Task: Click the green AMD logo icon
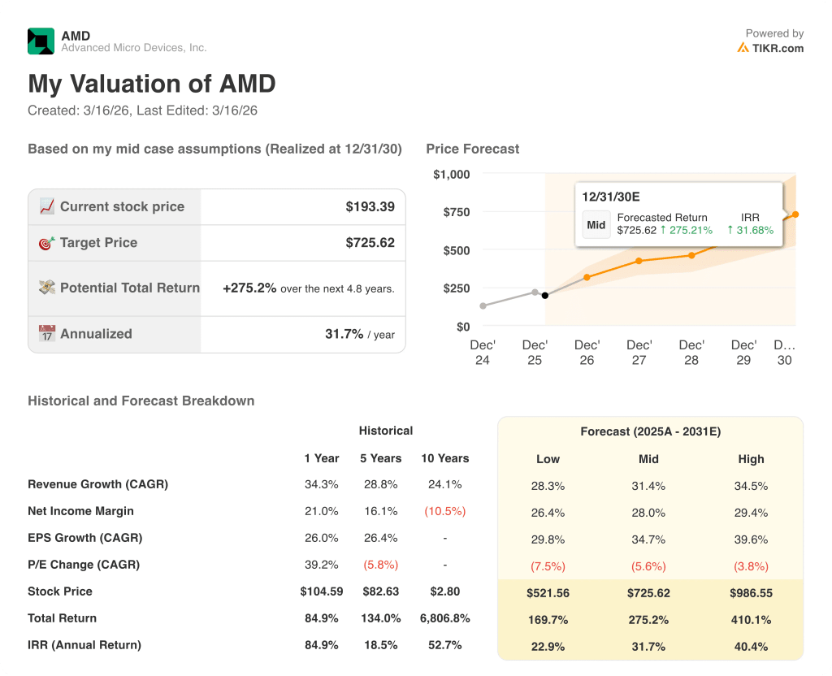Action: tap(41, 41)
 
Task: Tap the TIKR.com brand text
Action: tap(777, 48)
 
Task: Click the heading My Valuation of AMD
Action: tap(152, 84)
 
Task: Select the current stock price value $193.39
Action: tap(370, 206)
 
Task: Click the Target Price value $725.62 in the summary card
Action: tap(370, 243)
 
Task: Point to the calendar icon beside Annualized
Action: tap(47, 334)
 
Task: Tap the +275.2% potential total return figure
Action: tap(249, 288)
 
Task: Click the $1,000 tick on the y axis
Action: tap(451, 174)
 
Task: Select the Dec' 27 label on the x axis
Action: tap(639, 352)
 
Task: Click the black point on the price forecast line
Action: tap(544, 295)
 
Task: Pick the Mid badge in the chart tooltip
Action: tap(596, 224)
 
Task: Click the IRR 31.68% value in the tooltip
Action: tap(750, 230)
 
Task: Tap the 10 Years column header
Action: tap(444, 458)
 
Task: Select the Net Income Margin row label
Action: tap(80, 511)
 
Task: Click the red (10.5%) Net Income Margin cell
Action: tap(444, 511)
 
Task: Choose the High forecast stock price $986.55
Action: tap(751, 593)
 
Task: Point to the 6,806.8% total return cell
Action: tap(444, 618)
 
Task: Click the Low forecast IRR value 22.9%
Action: tap(548, 647)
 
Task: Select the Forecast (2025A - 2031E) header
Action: tap(650, 431)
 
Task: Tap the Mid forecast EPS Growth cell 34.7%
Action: tap(648, 539)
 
